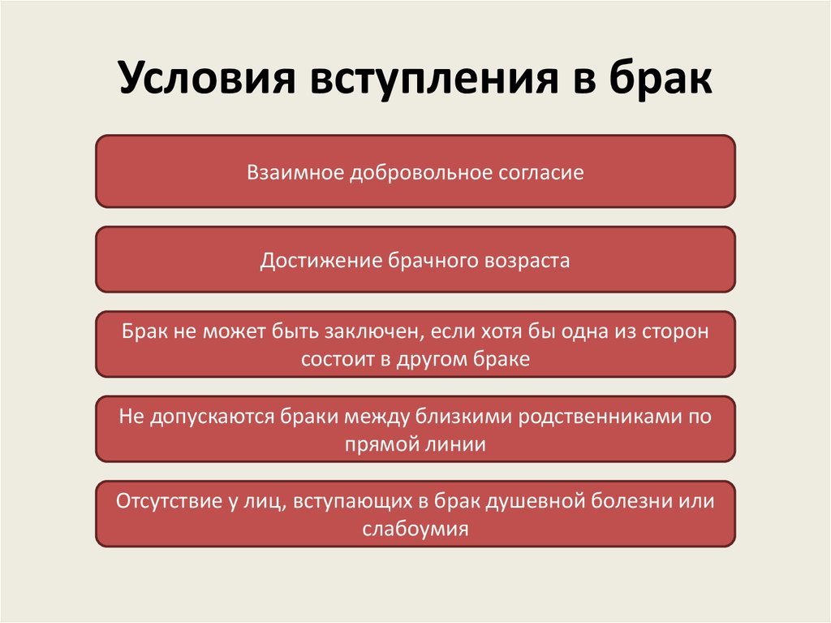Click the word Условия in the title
pos(207,78)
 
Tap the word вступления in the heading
pos(434,78)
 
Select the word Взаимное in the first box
pos(295,172)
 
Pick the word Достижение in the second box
pos(320,261)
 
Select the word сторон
pos(675,332)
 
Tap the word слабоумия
pos(415,530)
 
